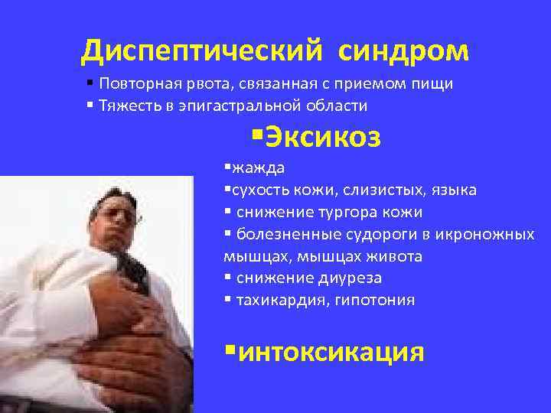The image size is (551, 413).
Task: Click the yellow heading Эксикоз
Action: [x=322, y=138]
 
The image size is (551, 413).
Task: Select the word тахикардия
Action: [x=280, y=301]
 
